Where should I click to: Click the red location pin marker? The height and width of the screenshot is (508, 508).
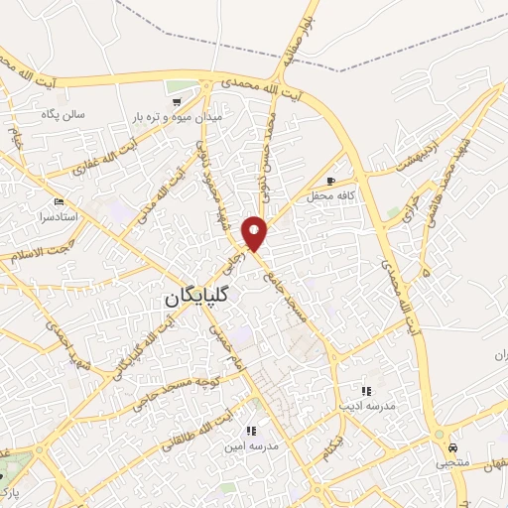[x=255, y=232]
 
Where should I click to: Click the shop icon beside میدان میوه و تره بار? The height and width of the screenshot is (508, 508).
[x=177, y=102]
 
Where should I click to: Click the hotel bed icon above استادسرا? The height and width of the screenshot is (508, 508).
[x=60, y=201]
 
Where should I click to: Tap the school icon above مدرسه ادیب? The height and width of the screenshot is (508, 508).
[x=366, y=391]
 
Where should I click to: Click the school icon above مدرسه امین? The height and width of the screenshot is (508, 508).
[x=251, y=431]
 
